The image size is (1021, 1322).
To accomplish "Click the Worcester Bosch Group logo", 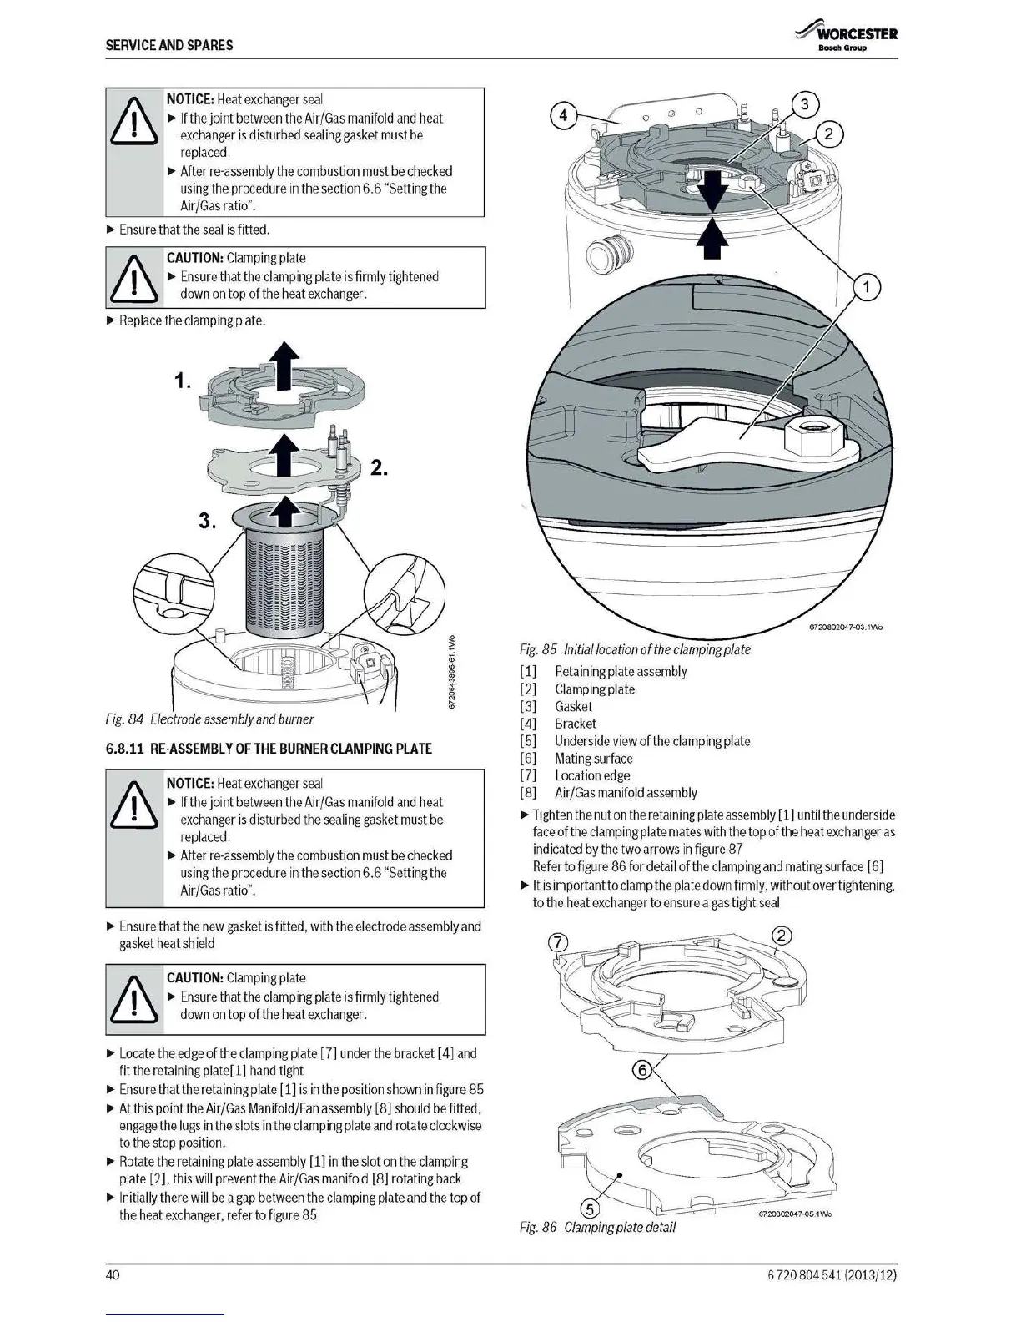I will point(847,38).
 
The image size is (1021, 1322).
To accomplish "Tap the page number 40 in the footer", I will point(113,1274).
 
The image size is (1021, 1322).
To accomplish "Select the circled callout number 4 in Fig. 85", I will point(563,115).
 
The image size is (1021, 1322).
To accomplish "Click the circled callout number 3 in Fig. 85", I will point(804,104).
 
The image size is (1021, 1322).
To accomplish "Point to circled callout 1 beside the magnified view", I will point(867,288).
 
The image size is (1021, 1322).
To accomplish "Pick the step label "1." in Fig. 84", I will point(183,381).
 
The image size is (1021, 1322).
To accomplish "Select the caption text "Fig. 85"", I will point(538,649).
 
